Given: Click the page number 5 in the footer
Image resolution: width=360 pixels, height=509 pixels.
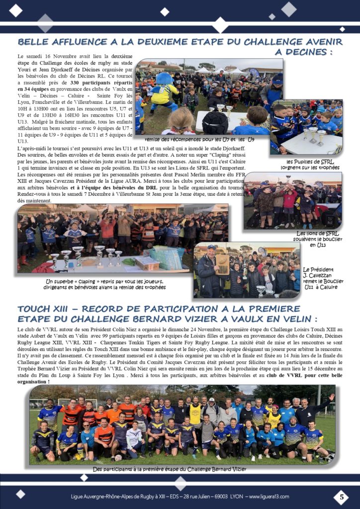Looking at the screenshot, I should point(341,497).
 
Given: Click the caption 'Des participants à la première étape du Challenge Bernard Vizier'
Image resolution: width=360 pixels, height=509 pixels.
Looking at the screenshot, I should point(170,469).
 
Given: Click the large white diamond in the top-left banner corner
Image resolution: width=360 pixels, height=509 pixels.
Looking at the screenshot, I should point(16,10).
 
